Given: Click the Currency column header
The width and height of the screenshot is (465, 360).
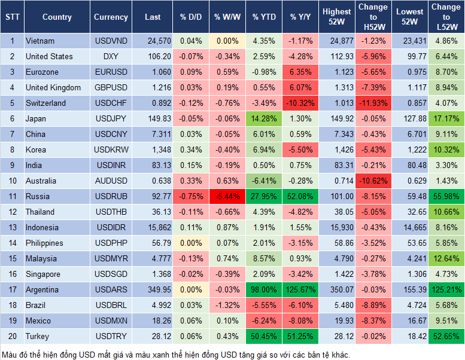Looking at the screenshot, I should click(x=111, y=17).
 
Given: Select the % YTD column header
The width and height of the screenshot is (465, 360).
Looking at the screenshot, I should click(x=264, y=17).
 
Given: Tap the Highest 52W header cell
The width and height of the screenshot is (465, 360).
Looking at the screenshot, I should click(x=336, y=17).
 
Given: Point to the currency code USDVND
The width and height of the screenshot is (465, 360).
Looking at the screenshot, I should click(x=111, y=41).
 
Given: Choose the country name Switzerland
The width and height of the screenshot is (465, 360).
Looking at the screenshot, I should click(x=46, y=103).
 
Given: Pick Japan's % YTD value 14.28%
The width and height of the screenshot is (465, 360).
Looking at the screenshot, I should click(x=264, y=118).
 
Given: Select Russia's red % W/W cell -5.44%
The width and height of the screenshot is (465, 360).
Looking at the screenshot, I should click(x=227, y=196).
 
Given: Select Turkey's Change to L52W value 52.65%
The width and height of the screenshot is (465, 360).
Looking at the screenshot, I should click(x=446, y=336).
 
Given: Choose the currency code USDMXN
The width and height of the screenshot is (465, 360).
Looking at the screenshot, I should click(x=111, y=321).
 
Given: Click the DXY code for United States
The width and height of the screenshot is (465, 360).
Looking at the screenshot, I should click(x=111, y=56).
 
